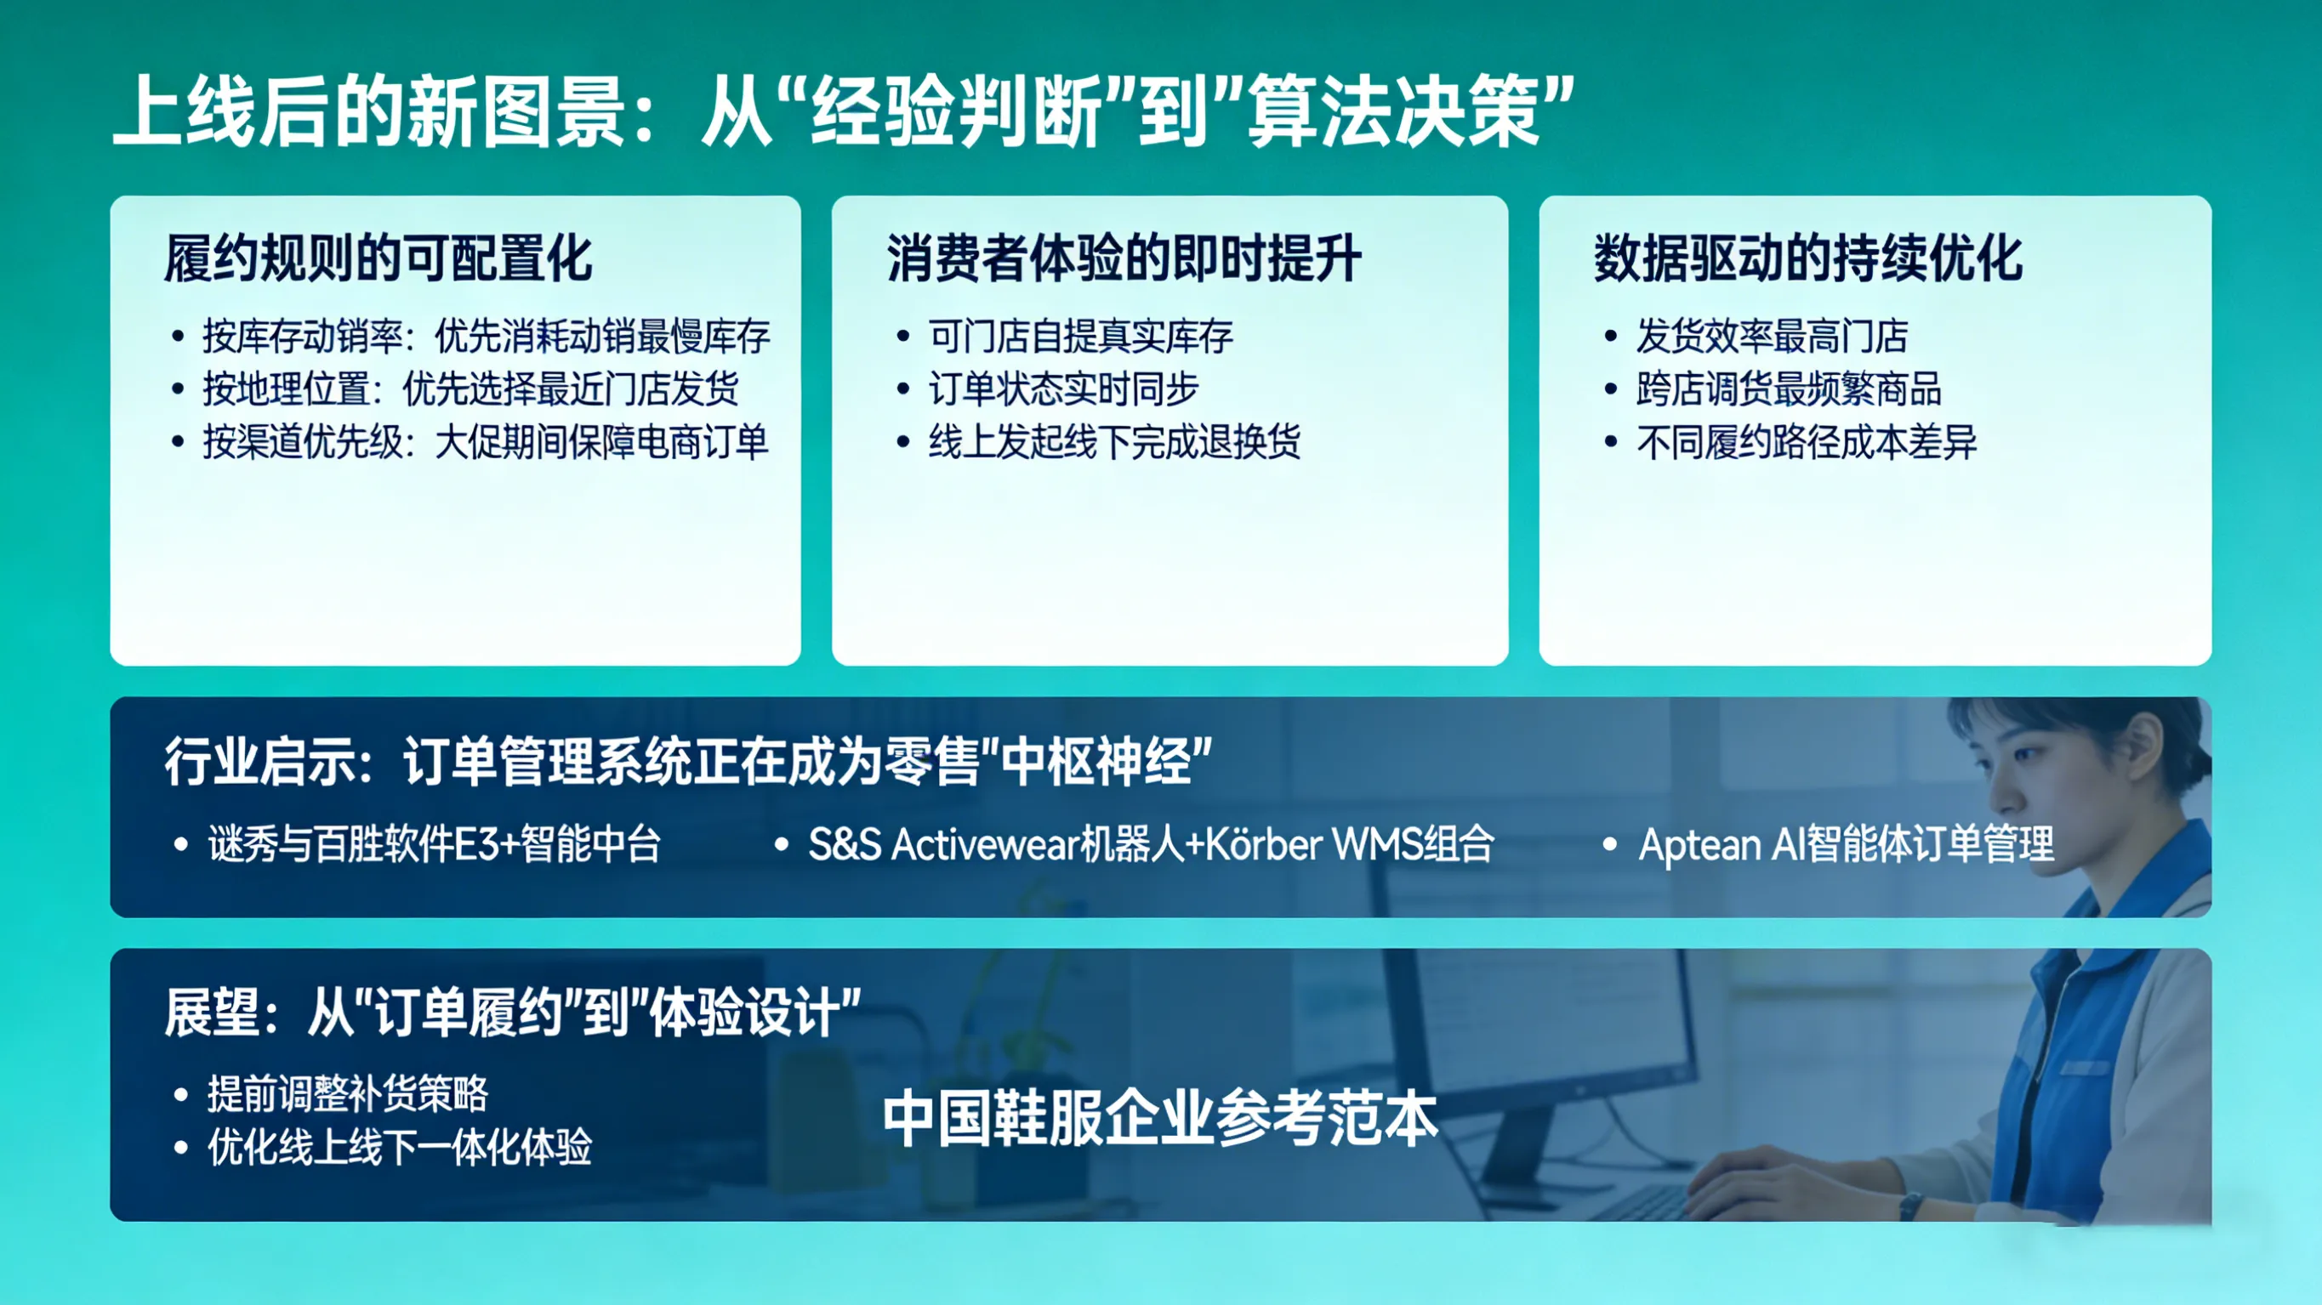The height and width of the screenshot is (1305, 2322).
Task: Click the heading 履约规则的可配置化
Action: (x=378, y=258)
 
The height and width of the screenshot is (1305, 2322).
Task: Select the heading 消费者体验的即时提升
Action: (x=1123, y=258)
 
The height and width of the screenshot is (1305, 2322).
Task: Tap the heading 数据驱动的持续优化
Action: (x=1807, y=258)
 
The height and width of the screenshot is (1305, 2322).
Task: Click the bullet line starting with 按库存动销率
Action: (x=485, y=337)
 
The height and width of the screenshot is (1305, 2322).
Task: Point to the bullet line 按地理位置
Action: (x=470, y=389)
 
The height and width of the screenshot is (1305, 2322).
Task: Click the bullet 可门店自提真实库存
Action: (x=1080, y=337)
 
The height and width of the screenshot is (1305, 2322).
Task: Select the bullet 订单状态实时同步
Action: (x=1064, y=389)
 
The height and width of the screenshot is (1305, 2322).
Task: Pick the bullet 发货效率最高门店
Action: (x=1773, y=337)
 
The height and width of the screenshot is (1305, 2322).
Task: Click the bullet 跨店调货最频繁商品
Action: (x=1789, y=389)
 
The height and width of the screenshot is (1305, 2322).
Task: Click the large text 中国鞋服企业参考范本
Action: (x=1160, y=1119)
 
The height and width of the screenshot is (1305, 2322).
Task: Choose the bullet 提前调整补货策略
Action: (x=347, y=1094)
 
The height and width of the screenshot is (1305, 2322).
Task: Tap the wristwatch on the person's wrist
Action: (x=1909, y=1205)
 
